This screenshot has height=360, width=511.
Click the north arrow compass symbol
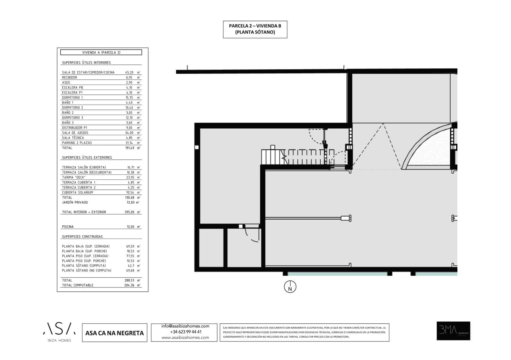coord(290,287)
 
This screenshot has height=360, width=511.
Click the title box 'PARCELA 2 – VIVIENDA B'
coord(255,29)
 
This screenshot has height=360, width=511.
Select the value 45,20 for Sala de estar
coord(129,72)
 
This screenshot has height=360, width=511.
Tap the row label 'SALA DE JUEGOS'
coord(75,133)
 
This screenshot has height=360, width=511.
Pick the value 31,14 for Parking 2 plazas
coord(129,143)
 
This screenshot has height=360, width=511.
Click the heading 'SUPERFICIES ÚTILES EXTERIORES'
coord(87,158)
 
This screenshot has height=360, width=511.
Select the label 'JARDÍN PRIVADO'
coord(75,202)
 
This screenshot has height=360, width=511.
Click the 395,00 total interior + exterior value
coord(129,212)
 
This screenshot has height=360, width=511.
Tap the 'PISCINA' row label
coord(68,227)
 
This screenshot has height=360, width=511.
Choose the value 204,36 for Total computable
coord(129,285)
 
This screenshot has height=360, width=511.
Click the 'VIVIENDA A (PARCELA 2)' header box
coord(101,52)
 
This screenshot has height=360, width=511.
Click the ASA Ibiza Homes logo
coord(59,332)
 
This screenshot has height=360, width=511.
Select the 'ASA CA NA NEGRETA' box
coord(114,333)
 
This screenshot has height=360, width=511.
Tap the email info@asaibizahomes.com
coord(185,326)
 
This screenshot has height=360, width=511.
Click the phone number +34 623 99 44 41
coord(186,332)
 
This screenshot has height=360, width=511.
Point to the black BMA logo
coord(453,331)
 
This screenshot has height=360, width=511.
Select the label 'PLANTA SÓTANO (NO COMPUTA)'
coord(87,271)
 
